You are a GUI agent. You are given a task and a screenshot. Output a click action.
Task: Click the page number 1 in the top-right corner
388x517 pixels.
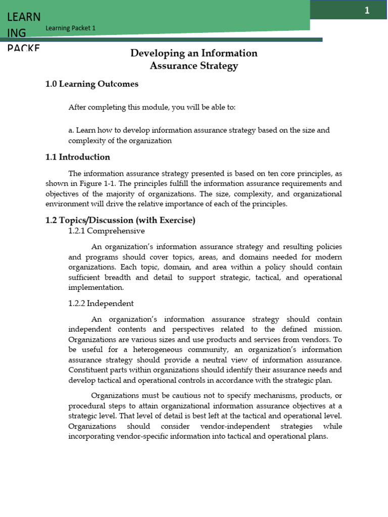[x=367, y=11]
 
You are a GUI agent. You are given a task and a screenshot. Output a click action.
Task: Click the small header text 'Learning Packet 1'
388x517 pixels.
[x=70, y=28]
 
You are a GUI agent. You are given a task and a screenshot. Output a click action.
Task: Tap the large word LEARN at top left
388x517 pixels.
[x=24, y=17]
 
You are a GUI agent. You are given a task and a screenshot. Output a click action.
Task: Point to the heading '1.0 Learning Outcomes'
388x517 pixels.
[x=91, y=84]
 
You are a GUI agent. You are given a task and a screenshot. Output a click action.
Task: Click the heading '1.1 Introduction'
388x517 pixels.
[x=77, y=157]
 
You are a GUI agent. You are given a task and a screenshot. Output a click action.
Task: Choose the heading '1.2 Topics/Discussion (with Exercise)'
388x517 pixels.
[x=120, y=220]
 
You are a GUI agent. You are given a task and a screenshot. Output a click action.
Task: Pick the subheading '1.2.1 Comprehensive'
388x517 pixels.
[x=106, y=231]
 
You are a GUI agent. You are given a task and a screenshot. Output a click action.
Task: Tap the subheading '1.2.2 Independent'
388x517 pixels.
[x=101, y=303]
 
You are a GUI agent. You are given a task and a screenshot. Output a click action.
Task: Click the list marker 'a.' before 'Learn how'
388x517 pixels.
[x=71, y=130]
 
